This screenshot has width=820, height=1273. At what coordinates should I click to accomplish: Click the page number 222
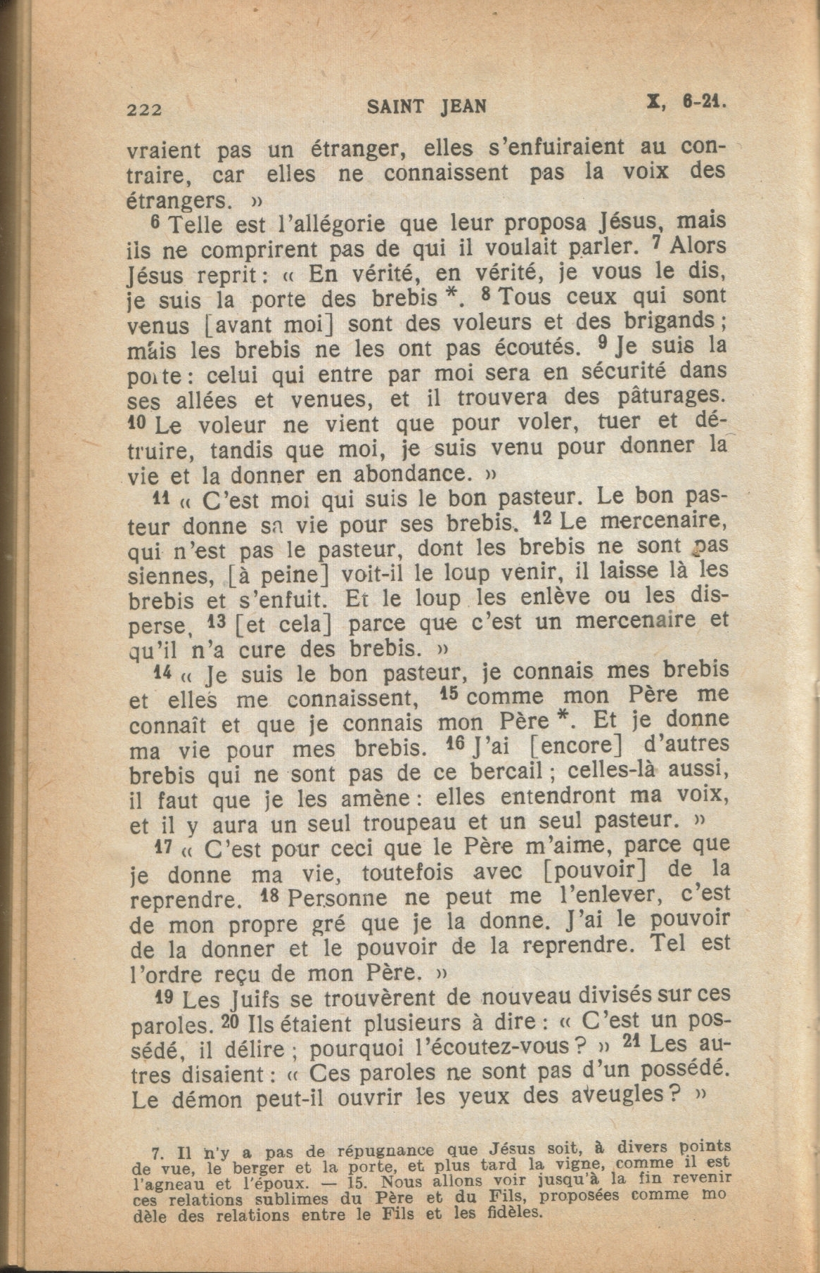click(146, 109)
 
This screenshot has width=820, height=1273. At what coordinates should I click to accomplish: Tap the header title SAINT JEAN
click(426, 106)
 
